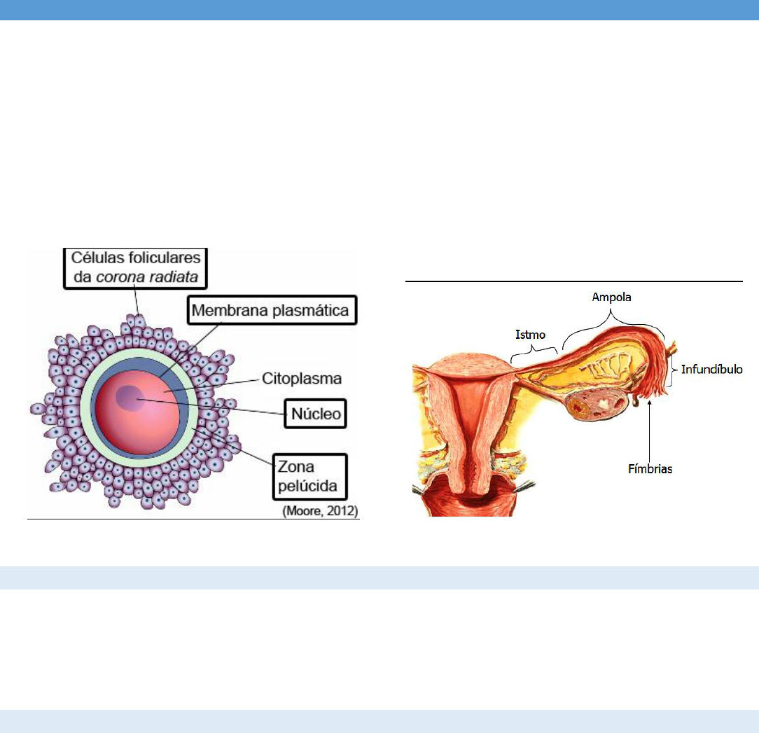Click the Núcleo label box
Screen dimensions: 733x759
[316, 414]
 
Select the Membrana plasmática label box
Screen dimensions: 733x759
[272, 310]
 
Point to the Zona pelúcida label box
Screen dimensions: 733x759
[308, 476]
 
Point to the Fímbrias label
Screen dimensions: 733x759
[649, 469]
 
